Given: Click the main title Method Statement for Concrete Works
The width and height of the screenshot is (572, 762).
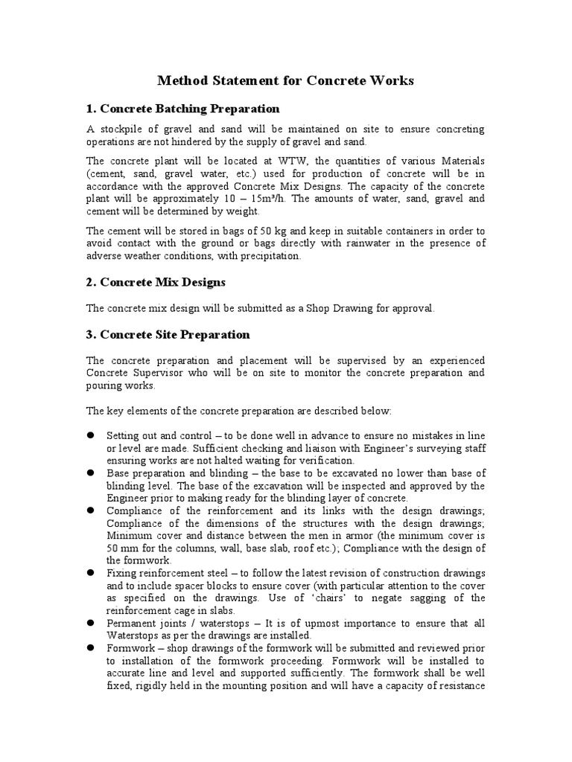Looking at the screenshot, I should pos(286,80).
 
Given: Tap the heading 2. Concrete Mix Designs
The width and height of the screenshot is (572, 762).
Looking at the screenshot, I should pos(156,282).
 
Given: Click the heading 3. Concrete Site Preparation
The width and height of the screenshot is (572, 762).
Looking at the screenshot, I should pos(168,334).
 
